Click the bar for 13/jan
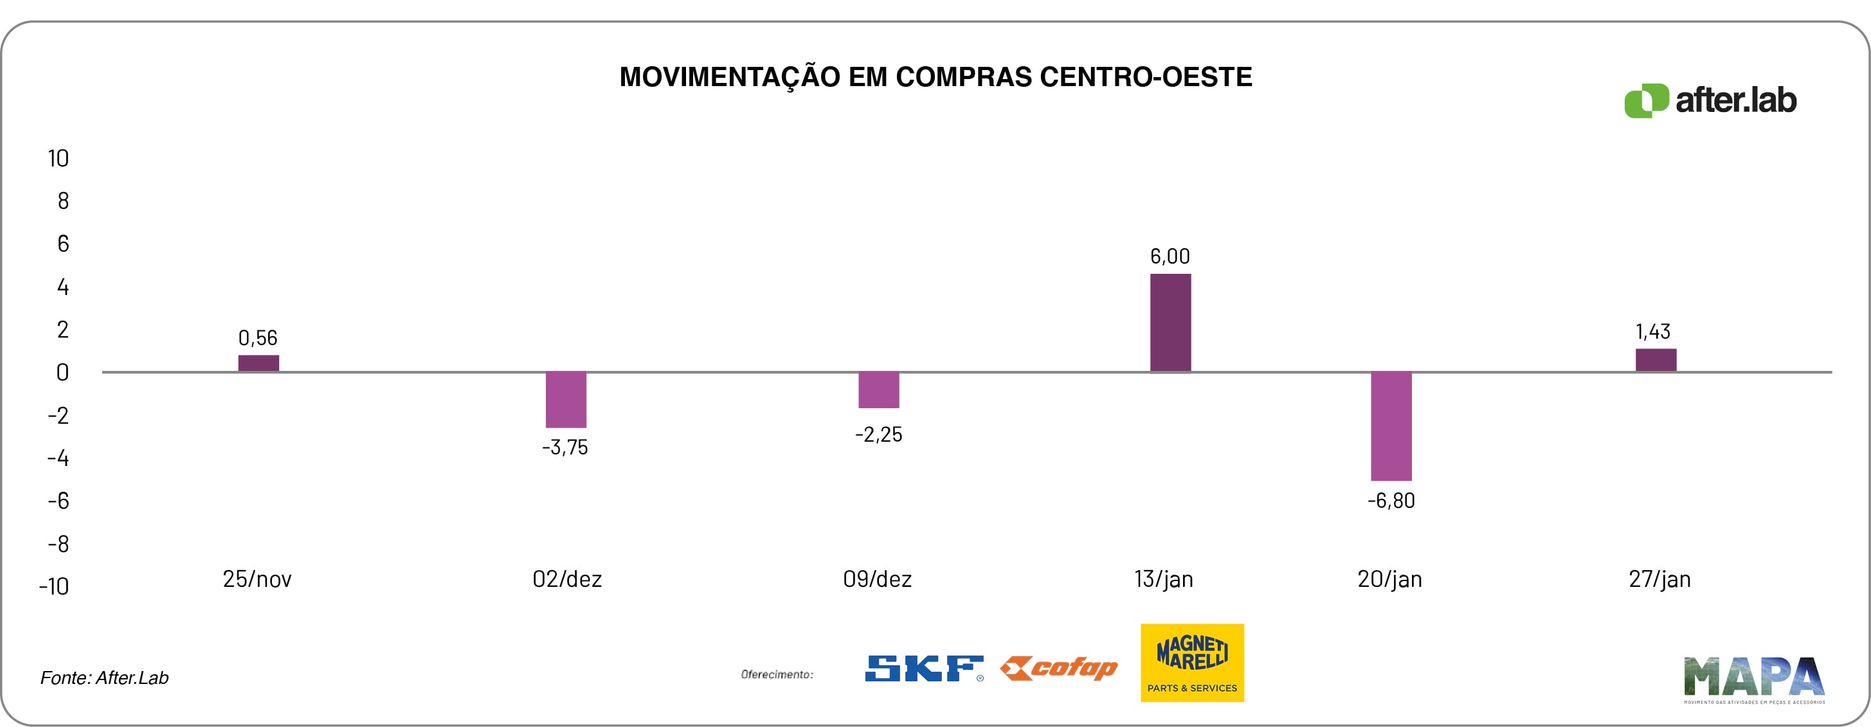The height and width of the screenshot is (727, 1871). click(x=1170, y=323)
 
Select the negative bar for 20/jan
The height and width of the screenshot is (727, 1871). click(x=1391, y=426)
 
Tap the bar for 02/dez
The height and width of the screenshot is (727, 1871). click(x=566, y=399)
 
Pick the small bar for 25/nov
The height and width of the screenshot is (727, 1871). click(x=258, y=363)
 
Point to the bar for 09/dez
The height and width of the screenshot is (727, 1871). click(x=878, y=390)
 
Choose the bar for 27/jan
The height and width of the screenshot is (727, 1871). click(x=1655, y=360)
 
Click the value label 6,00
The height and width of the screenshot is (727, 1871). click(x=1170, y=256)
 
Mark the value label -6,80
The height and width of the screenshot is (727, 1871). click(x=1391, y=500)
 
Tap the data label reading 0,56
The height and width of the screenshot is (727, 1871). click(x=258, y=337)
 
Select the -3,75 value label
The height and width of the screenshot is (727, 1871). click(x=565, y=447)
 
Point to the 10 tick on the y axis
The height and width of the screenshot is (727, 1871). click(x=58, y=158)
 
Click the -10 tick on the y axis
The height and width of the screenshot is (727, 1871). click(x=55, y=586)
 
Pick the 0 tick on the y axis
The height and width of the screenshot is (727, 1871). click(x=62, y=373)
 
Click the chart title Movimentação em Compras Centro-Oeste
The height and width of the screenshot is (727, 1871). click(x=936, y=77)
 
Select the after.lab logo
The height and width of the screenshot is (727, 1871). click(x=1710, y=100)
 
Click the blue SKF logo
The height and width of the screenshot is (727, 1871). click(x=924, y=668)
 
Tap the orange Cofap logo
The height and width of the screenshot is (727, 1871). click(x=1058, y=668)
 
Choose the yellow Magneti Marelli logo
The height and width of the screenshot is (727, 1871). click(x=1192, y=662)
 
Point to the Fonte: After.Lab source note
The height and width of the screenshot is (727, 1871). click(x=105, y=678)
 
